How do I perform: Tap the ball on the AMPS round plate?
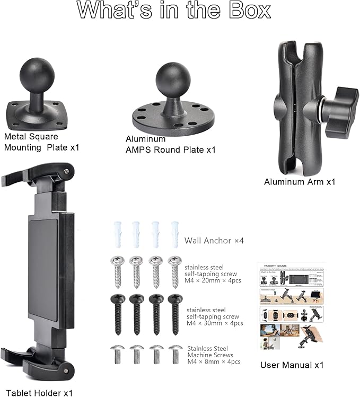[x=173, y=80]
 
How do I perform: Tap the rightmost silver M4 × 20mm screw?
[x=174, y=271]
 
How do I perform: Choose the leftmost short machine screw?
[x=118, y=354]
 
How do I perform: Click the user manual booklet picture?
[x=291, y=306]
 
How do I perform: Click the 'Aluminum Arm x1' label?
[x=300, y=182]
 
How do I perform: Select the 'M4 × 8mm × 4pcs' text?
[x=214, y=361]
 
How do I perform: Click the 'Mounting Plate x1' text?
[x=41, y=147]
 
